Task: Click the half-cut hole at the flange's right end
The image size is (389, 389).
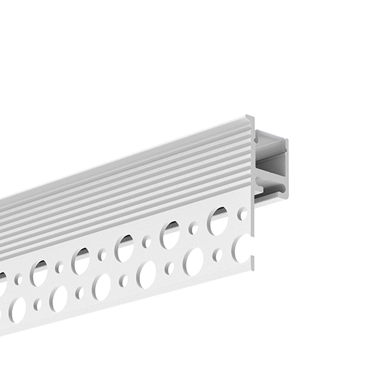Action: click(x=242, y=249)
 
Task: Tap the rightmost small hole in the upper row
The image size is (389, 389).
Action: click(x=242, y=214)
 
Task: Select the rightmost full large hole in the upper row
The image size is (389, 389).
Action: click(x=218, y=221)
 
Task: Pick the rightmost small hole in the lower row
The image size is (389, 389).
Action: click(x=217, y=255)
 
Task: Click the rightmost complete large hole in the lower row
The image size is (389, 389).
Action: click(x=193, y=261)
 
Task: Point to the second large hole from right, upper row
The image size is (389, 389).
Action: click(x=170, y=235)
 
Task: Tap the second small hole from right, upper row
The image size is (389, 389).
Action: click(x=193, y=228)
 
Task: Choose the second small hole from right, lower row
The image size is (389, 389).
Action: click(x=170, y=268)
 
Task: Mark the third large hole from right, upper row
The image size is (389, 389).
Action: click(x=124, y=248)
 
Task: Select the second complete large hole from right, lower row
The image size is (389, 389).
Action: click(x=147, y=275)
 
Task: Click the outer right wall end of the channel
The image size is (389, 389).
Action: click(x=285, y=169)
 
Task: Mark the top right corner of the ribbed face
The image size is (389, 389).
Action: click(x=251, y=118)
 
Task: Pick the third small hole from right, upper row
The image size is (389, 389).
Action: click(x=147, y=242)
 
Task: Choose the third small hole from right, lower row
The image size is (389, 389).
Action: click(x=124, y=280)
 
